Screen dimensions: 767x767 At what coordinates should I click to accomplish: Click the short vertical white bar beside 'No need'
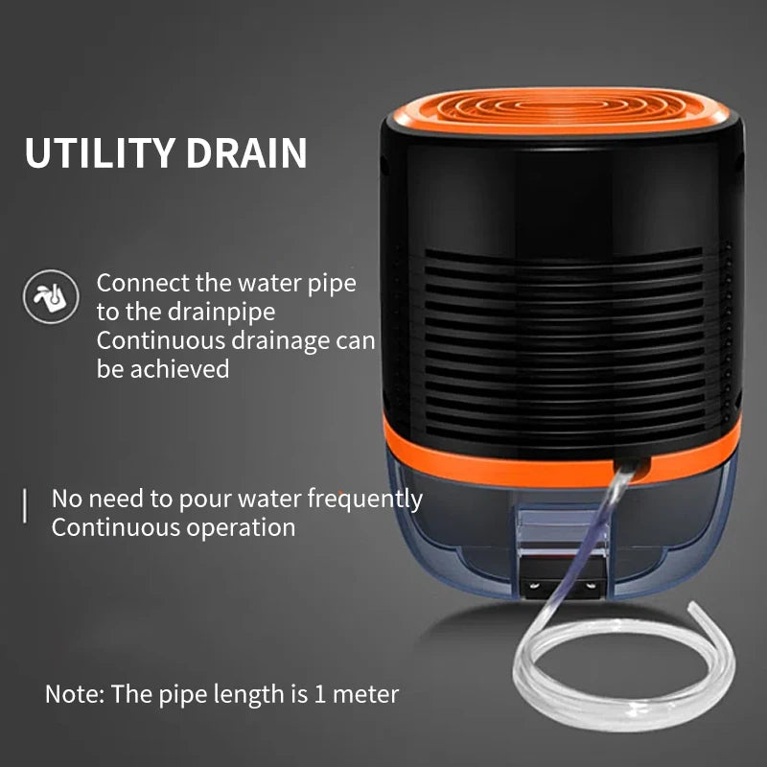[24, 505]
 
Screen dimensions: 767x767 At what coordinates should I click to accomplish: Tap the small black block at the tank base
[567, 581]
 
